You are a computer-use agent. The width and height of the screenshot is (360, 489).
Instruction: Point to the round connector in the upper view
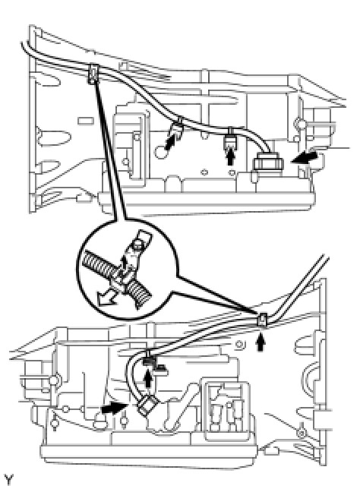268,163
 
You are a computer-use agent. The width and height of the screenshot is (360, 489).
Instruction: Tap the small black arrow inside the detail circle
124,262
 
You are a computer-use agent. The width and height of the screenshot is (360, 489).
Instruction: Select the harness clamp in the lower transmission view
262,320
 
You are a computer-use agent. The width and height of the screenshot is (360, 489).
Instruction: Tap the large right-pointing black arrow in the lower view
114,408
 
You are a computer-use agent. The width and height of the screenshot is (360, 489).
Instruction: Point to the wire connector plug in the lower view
148,405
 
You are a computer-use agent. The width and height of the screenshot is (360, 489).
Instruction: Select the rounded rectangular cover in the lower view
226,409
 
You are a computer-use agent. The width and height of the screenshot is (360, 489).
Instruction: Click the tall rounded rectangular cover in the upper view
131,146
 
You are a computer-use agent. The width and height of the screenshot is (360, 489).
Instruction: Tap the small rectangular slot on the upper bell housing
85,121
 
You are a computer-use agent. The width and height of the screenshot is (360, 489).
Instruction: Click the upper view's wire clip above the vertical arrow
231,138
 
